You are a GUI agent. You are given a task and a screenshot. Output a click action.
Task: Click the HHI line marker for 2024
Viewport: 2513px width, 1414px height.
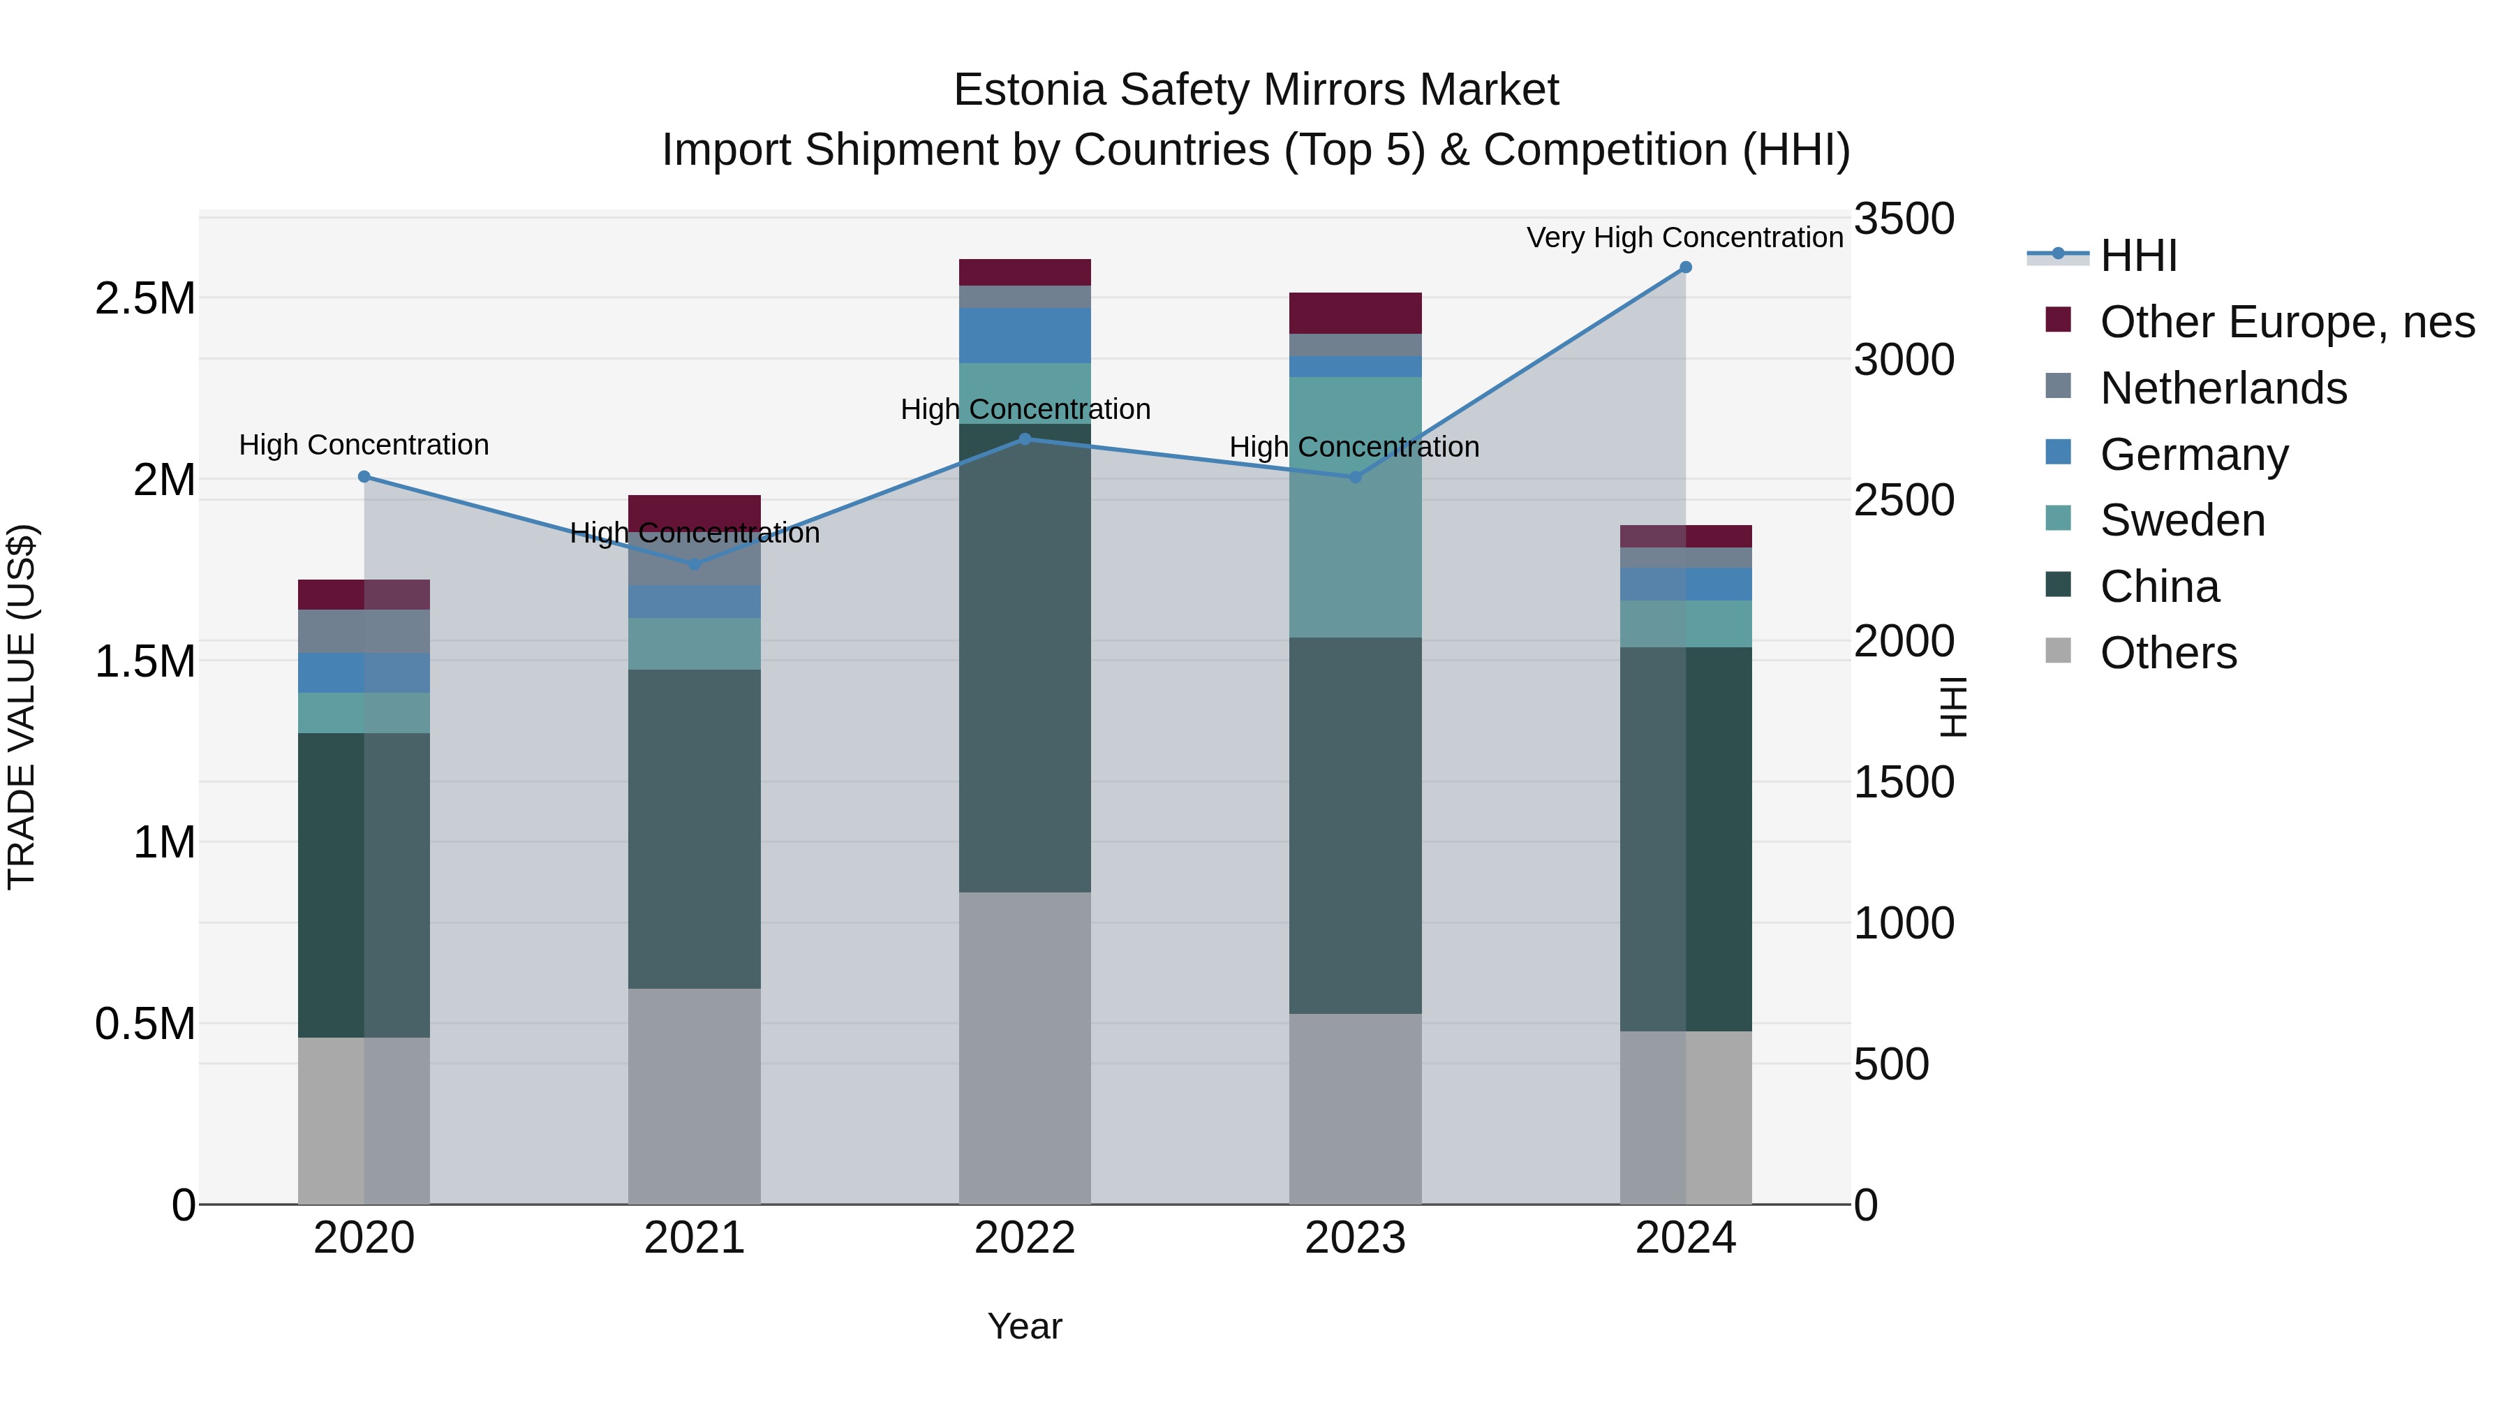pyautogui.click(x=1685, y=267)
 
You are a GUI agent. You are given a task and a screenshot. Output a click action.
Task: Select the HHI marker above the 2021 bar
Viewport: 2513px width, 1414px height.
pyautogui.click(x=695, y=564)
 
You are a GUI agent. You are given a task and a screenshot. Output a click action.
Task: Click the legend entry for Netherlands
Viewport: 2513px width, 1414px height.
pyautogui.click(x=2223, y=388)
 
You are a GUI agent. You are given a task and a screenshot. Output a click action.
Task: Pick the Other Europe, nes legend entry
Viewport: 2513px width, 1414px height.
pyautogui.click(x=2287, y=322)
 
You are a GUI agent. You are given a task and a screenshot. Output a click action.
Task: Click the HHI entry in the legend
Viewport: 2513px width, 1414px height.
pyautogui.click(x=2137, y=256)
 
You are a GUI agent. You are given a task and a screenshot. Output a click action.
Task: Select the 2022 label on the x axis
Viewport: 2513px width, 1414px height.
pyautogui.click(x=1024, y=1238)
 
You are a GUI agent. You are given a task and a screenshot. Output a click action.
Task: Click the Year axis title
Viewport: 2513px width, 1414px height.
pyautogui.click(x=1024, y=1326)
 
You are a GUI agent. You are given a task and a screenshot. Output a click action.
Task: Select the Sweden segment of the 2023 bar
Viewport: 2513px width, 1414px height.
pyautogui.click(x=1355, y=508)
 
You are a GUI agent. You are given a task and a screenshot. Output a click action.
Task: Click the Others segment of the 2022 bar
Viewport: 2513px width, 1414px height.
pyautogui.click(x=1024, y=1048)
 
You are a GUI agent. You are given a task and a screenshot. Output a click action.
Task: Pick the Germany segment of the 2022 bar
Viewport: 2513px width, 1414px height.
pyautogui.click(x=1024, y=336)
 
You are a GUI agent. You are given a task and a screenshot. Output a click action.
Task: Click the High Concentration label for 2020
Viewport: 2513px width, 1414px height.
pyautogui.click(x=364, y=445)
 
